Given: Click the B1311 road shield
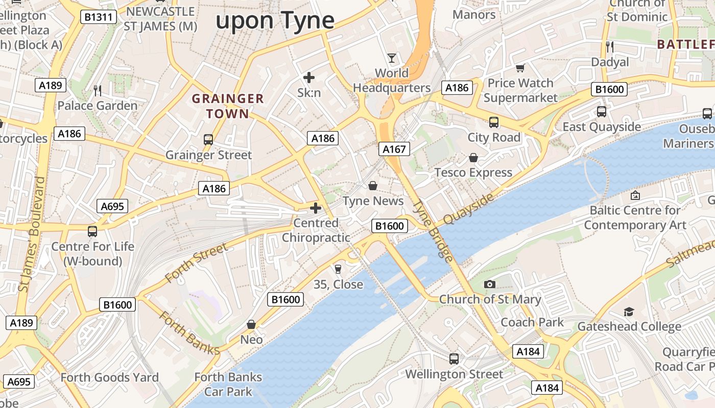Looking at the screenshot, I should (x=99, y=17).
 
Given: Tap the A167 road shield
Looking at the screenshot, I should (x=394, y=149).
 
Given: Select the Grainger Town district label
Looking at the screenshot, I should (x=228, y=106).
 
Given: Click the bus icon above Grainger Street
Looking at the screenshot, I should (x=208, y=139).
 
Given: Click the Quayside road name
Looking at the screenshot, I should (x=469, y=209).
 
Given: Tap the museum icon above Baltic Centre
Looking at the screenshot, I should (x=635, y=195).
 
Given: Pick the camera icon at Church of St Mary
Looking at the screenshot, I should (x=490, y=284).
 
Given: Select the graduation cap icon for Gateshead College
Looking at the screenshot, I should (x=629, y=311).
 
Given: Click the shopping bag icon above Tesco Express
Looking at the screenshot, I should (x=473, y=158).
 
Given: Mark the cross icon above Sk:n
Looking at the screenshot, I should (x=309, y=78).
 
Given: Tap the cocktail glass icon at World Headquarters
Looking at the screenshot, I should (x=392, y=58).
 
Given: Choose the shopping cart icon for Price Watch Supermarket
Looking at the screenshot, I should (x=520, y=68).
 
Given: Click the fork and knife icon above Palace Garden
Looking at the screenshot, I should (x=98, y=91).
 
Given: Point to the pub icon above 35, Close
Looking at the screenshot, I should (x=338, y=269).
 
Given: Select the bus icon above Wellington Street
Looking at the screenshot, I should (x=454, y=359).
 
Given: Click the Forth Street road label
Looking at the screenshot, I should (x=196, y=263).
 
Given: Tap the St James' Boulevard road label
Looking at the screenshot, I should (x=32, y=235).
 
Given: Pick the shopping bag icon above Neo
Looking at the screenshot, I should (x=251, y=324).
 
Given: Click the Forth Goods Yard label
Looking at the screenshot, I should (x=110, y=377).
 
